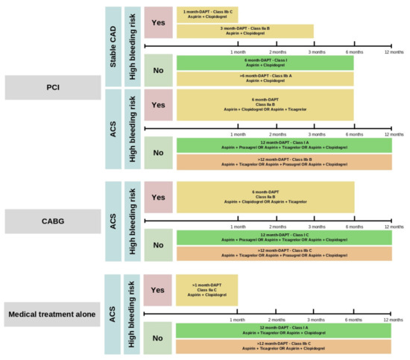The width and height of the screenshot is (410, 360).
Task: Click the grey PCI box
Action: pos(52,88)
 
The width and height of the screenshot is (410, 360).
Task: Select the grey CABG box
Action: pos(52,220)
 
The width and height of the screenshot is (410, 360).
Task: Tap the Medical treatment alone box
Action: pos(52,315)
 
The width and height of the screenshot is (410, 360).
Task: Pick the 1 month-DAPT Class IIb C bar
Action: pos(206,14)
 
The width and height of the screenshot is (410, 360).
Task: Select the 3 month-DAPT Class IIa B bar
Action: pos(245,31)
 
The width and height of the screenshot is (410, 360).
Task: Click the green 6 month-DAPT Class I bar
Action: pos(265,63)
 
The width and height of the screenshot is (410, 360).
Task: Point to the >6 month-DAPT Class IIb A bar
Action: pos(265,79)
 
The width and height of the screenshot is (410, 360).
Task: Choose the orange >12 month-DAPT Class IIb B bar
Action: pos(283,162)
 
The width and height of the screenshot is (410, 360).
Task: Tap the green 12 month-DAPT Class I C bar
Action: pos(283,238)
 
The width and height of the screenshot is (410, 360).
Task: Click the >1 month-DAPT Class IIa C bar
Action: pos(206,290)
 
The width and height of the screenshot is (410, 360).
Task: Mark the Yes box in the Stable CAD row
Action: pos(157,22)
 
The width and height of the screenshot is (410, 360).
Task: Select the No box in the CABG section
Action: pos(157,244)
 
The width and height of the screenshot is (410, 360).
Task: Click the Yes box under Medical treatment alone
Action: pos(157,290)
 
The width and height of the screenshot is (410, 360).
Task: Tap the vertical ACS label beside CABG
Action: pos(113,220)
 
